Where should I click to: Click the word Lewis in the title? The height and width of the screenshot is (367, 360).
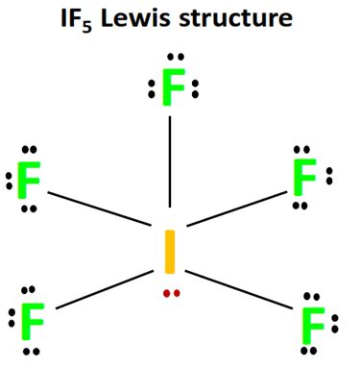(x=136, y=18)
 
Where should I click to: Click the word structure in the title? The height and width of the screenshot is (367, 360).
(x=235, y=18)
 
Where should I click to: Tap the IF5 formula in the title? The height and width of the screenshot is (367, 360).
(x=77, y=20)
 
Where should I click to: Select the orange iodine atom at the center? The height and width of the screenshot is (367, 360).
(x=170, y=252)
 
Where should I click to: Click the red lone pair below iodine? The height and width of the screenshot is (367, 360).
(x=172, y=293)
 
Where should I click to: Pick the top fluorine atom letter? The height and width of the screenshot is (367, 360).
(x=174, y=87)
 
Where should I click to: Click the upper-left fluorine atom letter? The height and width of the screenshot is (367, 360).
(x=29, y=181)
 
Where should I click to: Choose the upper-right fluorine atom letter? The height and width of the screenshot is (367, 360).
(x=304, y=177)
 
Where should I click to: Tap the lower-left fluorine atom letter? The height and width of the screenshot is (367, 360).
(x=33, y=321)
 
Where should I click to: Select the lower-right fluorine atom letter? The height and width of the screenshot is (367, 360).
(x=314, y=326)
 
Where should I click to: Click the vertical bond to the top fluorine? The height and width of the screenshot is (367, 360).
(x=170, y=161)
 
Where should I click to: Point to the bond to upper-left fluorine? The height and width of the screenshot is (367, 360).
(x=100, y=208)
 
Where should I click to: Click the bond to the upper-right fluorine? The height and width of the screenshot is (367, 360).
(x=237, y=208)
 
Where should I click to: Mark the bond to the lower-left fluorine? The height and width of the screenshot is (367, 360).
(x=105, y=290)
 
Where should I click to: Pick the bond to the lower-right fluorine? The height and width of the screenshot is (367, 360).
(x=239, y=290)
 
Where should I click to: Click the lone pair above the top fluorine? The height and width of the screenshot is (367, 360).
(x=176, y=57)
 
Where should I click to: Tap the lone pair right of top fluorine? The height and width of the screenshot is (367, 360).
(x=195, y=89)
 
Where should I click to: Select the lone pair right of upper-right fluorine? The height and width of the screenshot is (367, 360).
(x=329, y=176)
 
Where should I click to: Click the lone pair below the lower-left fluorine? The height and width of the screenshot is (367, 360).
(x=32, y=352)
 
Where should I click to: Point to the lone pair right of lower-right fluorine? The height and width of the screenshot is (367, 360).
(x=335, y=324)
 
